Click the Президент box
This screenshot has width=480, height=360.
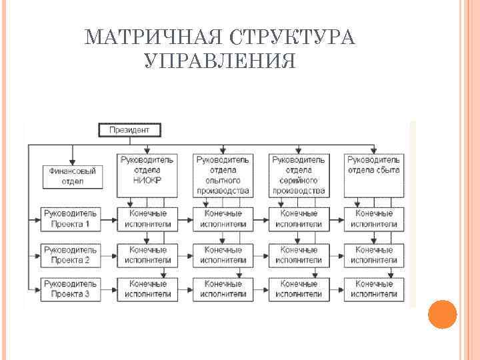click(129, 130)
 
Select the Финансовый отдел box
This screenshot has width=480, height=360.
click(73, 176)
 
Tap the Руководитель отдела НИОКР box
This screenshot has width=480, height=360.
click(147, 175)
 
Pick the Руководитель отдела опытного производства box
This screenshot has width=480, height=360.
click(223, 175)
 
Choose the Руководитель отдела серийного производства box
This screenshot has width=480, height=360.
click(299, 175)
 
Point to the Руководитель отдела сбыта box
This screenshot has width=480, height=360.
click(373, 175)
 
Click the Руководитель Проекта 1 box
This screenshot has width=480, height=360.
click(71, 219)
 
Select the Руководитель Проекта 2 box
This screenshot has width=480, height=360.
click(71, 255)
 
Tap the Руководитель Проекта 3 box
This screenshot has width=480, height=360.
click(71, 289)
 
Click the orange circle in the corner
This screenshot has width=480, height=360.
click(441, 314)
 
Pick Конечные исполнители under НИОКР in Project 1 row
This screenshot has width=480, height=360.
click(147, 219)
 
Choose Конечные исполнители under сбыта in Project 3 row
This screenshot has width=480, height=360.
click(373, 289)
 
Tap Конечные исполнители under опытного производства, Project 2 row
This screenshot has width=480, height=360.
click(223, 255)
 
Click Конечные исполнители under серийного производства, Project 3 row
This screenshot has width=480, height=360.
click(299, 289)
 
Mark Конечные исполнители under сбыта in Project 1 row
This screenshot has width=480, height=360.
click(373, 219)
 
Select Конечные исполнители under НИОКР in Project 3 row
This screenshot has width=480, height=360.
click(147, 289)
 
